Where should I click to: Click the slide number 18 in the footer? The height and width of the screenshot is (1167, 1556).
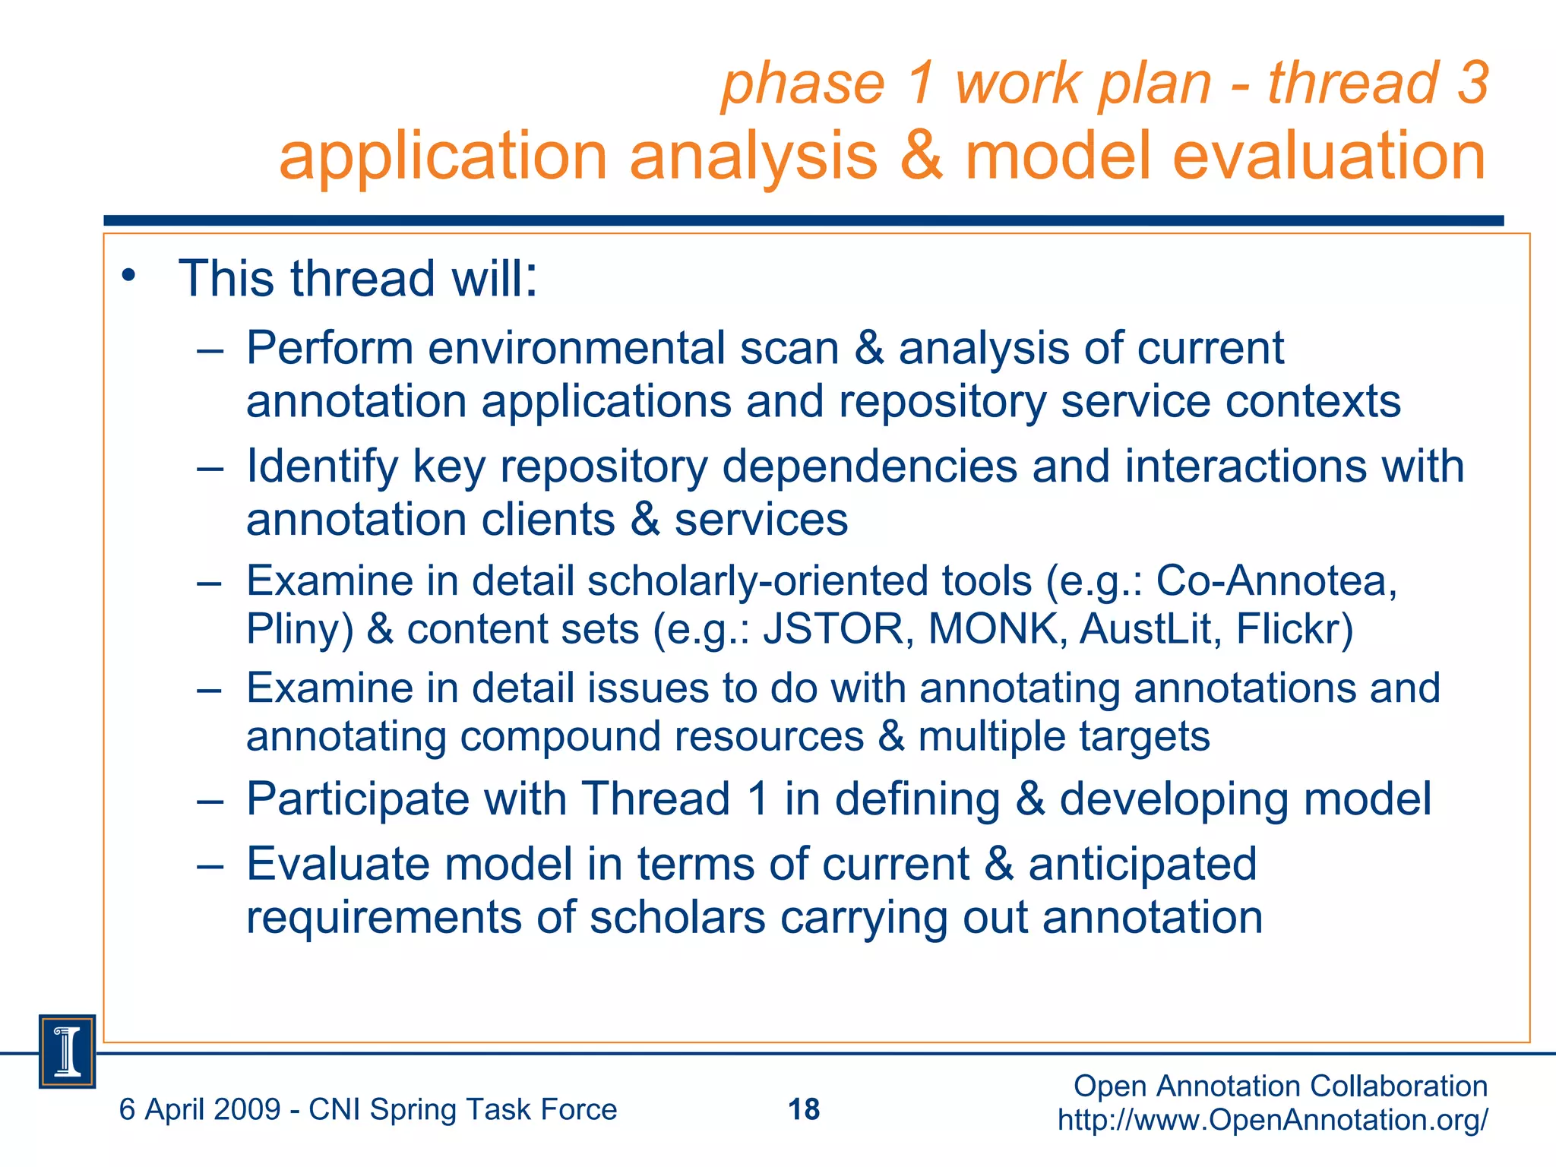(x=804, y=1109)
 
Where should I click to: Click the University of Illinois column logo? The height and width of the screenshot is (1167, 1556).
(x=68, y=1052)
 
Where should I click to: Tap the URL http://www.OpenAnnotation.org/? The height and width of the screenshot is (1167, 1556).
(x=1273, y=1120)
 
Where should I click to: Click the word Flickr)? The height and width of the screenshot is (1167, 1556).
(x=1295, y=629)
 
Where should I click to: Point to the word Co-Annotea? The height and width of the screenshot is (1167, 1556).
(x=1276, y=581)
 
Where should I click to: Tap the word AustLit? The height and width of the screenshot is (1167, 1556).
(x=1150, y=629)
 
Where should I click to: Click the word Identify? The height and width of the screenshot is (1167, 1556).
(x=322, y=466)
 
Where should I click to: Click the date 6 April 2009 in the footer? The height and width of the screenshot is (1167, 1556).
(x=200, y=1110)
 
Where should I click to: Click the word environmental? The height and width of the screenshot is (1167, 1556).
(x=576, y=349)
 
